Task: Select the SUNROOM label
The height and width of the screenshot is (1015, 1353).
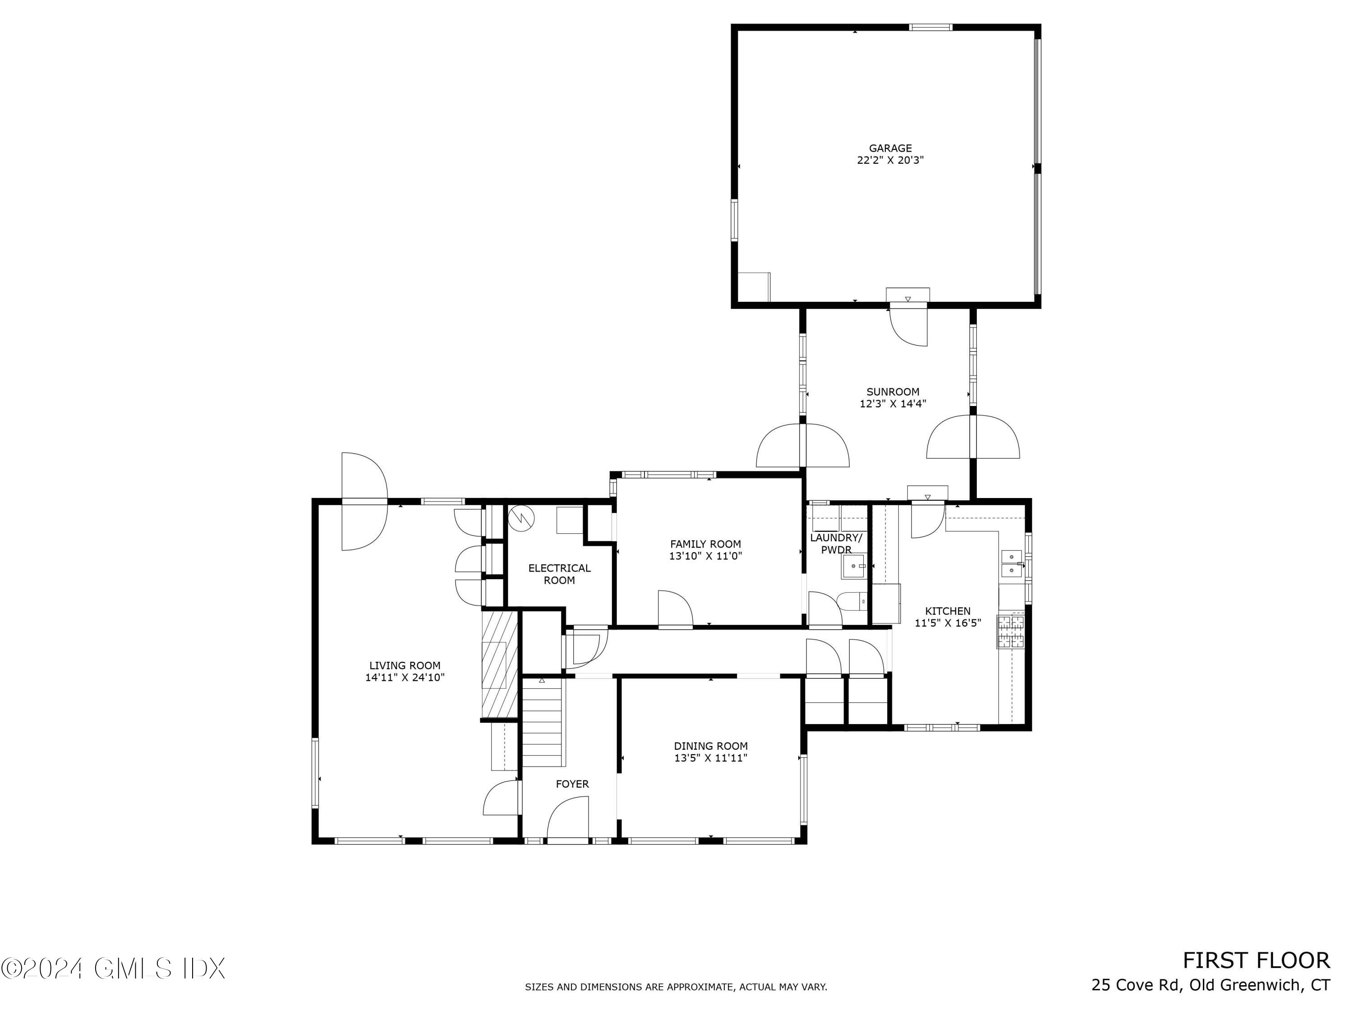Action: pos(893,392)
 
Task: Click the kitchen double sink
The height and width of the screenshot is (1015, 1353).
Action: pos(1011,563)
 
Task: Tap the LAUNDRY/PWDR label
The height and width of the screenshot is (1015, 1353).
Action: pos(836,543)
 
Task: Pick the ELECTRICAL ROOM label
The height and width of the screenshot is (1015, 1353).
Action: pos(559,574)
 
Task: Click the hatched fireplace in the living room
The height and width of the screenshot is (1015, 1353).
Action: pos(500,664)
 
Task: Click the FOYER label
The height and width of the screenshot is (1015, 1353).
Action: pos(572,784)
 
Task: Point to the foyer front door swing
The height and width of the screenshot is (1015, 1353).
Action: pos(568,819)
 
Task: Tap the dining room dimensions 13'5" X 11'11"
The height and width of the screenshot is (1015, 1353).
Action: pos(710,758)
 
